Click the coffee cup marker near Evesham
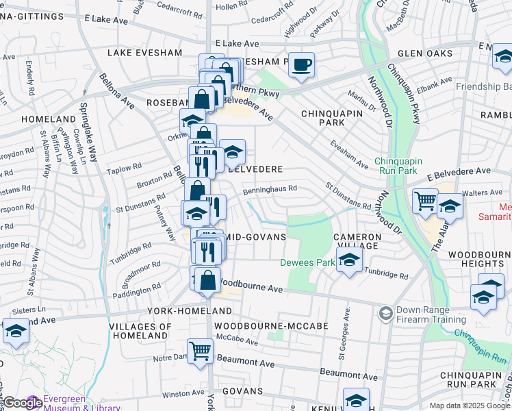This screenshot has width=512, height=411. (x=301, y=66)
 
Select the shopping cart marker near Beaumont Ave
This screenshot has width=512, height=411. (x=201, y=351)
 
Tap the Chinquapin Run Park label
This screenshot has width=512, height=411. (x=405, y=166)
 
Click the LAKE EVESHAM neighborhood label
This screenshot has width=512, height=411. (x=144, y=53)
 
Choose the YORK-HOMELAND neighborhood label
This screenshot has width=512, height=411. (x=180, y=310)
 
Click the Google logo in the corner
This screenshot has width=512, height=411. (x=23, y=403)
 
